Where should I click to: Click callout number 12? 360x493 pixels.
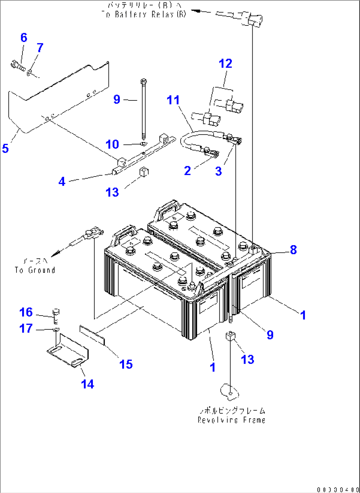pos(226,63)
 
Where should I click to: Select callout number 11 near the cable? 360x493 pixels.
pos(173,100)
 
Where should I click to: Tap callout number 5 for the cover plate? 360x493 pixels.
pos(5,148)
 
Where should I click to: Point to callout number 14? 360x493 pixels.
pos(88,384)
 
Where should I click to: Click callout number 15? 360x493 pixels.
pos(126,364)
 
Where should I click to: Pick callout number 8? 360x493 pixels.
pos(293,250)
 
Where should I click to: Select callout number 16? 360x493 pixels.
pos(26,312)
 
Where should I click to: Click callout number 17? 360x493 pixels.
pos(26,328)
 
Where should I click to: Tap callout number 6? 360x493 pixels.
pos(24,37)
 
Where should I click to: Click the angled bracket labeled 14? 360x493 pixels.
pos(68,352)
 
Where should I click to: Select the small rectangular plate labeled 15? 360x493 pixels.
pos(92,334)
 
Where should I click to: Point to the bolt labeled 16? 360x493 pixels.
pos(56,316)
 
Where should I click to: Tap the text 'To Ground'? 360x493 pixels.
pos(35,270)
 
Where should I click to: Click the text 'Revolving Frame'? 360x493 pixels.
pos(232,420)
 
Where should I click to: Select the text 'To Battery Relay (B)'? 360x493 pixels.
pos(144,14)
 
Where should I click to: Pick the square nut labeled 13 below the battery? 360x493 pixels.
pos(230,336)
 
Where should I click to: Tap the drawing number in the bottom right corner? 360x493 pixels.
pos(338,489)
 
